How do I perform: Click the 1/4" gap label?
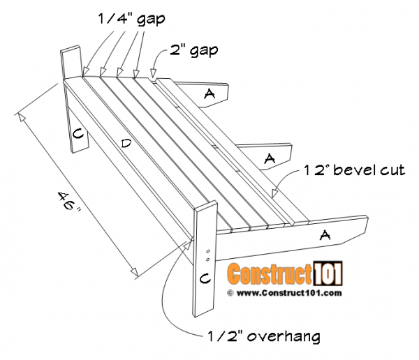pos(131,19)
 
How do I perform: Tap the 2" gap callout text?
pos(193,50)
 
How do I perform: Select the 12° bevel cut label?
pos(354,170)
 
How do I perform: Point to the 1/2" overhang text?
pos(263,336)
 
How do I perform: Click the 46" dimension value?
pos(69,201)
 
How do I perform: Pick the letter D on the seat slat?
pos(126,144)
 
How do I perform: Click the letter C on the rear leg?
pos(78,133)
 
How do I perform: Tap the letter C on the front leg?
pos(205,278)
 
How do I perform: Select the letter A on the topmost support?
pos(209,93)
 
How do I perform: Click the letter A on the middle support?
pos(270,158)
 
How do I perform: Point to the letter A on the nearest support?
pos(325,235)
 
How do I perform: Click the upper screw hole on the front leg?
pos(208,251)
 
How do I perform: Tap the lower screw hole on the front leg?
pos(208,260)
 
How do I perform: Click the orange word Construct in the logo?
pos(270,273)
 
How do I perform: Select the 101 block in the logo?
pos(328,273)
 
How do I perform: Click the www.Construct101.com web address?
pos(289,293)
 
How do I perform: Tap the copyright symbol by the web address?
pos(230,293)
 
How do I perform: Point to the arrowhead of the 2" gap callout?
pos(153,73)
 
